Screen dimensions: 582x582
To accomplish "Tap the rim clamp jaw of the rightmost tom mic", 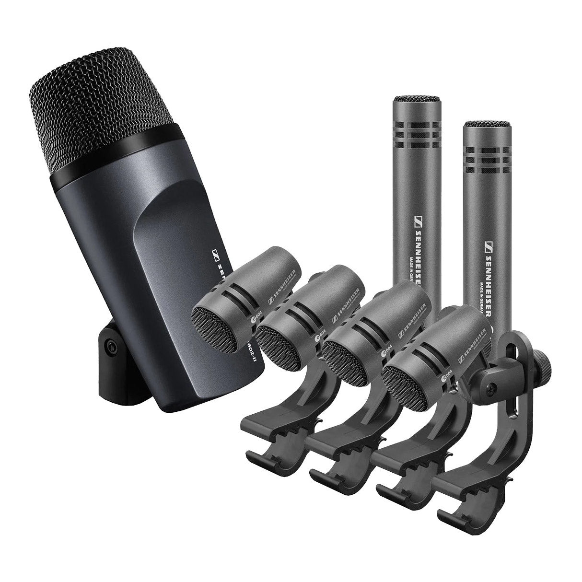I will (x=460, y=484).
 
